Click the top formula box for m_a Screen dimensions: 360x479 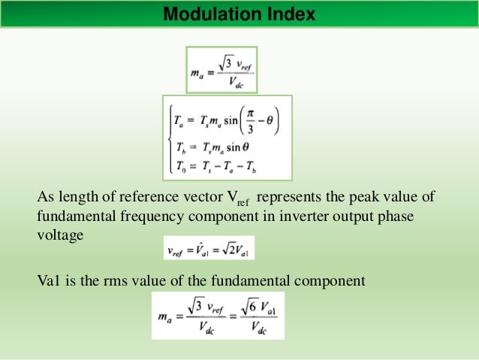point(221,69)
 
